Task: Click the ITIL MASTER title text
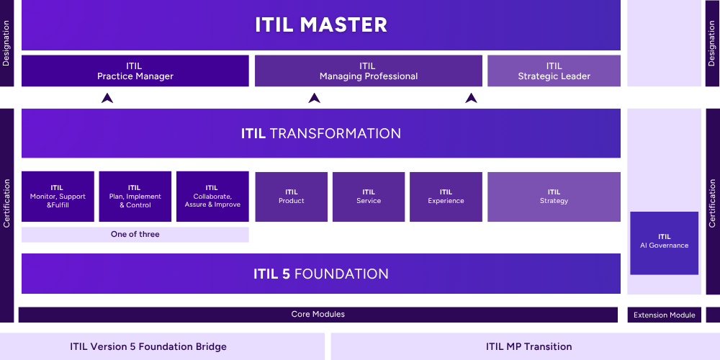coord(321,25)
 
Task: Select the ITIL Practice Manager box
coord(135,71)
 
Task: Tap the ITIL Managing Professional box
coord(369,71)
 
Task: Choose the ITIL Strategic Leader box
coord(554,71)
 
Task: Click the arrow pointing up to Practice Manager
coord(107,98)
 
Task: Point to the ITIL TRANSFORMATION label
coord(321,133)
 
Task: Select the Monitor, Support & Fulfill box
coord(58,197)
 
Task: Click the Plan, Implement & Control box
coord(135,197)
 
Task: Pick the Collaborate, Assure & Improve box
coord(212,197)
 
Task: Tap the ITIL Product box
coord(292,197)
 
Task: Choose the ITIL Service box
coord(369,197)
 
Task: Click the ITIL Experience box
coord(446,197)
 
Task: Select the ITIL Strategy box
coord(554,197)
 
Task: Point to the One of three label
coord(135,235)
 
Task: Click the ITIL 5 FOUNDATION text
coord(321,274)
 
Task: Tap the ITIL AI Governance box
coord(664,242)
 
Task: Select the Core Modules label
coord(318,315)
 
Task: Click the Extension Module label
coord(664,315)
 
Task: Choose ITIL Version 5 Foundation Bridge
coord(148,346)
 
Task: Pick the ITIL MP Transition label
coord(528,346)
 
